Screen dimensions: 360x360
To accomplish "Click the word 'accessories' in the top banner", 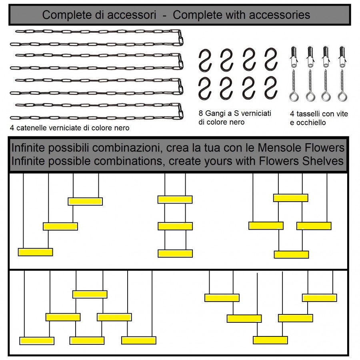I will (282, 15).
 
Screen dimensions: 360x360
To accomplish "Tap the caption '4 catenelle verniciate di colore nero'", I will (70, 128).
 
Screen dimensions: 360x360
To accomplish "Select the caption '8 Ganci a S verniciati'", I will (235, 113).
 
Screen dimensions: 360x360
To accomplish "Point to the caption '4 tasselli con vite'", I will (319, 114).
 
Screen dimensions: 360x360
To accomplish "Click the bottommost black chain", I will (96, 117).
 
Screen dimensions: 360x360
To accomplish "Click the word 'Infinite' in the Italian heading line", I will (28, 148).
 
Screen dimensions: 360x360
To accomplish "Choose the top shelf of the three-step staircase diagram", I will (85, 201).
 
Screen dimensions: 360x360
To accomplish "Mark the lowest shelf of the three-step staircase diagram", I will (35, 252).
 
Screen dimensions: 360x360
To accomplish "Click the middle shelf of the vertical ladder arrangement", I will (175, 226).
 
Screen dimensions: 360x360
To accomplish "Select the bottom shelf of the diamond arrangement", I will (291, 254).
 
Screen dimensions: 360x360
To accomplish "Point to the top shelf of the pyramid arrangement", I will (90, 294).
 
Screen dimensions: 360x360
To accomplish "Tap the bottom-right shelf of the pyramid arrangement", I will (138, 340).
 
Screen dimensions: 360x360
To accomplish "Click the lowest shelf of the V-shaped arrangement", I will (270, 340).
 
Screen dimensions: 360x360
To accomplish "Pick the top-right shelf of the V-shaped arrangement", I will (319, 298).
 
